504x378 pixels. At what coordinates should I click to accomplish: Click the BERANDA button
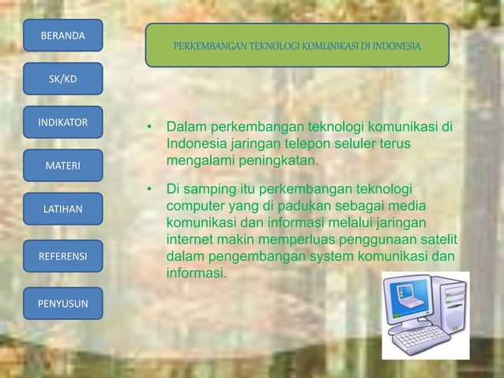click(62, 36)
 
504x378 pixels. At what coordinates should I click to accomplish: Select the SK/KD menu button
click(62, 79)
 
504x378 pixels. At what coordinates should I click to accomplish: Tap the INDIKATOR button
click(62, 123)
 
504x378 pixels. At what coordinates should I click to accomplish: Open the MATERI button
click(62, 166)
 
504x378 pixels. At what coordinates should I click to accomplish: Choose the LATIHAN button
click(62, 210)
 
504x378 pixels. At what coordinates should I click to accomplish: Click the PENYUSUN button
click(62, 304)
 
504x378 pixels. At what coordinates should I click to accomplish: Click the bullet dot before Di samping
click(147, 190)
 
